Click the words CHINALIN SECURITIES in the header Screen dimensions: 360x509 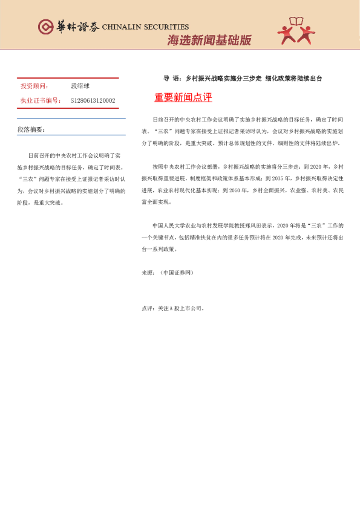pyautogui.click(x=146, y=27)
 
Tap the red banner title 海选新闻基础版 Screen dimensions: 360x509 pyautogui.click(x=209, y=41)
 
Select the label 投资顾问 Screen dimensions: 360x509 pyautogui.click(x=34, y=86)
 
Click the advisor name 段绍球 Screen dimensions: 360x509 pyautogui.click(x=80, y=86)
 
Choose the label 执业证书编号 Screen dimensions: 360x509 pyautogui.click(x=41, y=101)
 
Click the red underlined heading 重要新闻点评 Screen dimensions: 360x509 pyautogui.click(x=183, y=98)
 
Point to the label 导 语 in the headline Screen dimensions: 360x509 pyautogui.click(x=172, y=79)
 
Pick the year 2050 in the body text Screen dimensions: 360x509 pyautogui.click(x=234, y=190)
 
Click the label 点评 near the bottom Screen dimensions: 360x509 pyautogui.click(x=146, y=308)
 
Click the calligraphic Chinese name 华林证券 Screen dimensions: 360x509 pyautogui.click(x=77, y=27)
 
